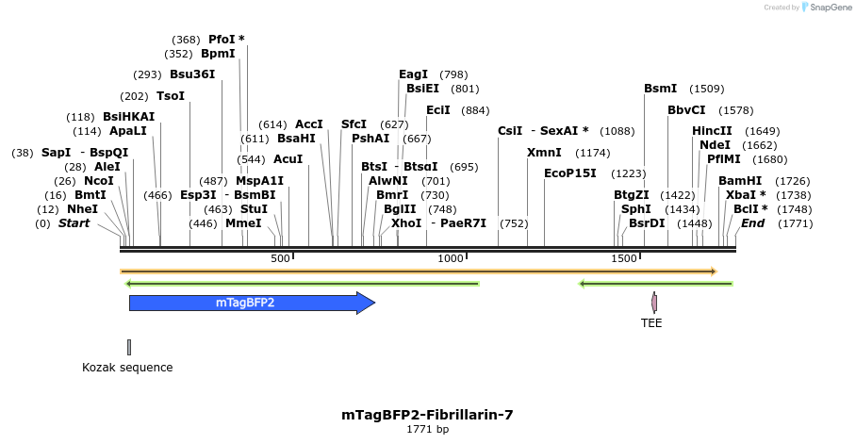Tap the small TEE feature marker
654,303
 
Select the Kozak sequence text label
127,368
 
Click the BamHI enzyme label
740,180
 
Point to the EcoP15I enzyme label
570,173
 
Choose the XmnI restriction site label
544,152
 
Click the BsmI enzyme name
660,89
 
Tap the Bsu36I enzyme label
192,74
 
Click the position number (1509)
706,89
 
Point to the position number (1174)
593,152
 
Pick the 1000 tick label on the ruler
452,258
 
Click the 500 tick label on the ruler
280,258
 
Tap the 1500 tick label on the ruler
623,258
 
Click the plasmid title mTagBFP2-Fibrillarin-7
427,415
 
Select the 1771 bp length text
427,430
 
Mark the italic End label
752,223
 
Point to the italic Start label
74,223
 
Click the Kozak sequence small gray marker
129,347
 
